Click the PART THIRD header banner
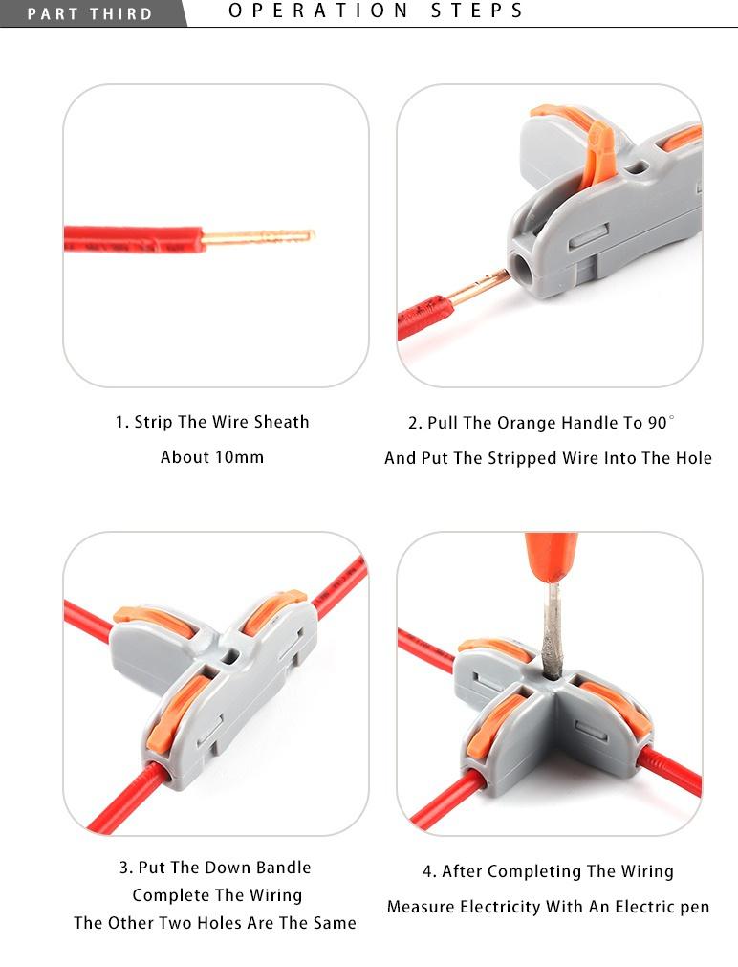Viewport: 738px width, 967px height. click(x=93, y=13)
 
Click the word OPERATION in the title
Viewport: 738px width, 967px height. click(x=318, y=11)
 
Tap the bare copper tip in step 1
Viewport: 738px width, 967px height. click(x=259, y=236)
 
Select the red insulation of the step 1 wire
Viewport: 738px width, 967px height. click(x=133, y=239)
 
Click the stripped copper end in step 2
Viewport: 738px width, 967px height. click(x=478, y=286)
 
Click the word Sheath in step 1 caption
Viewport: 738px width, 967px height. click(x=282, y=423)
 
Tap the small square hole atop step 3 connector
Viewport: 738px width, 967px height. click(x=230, y=656)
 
